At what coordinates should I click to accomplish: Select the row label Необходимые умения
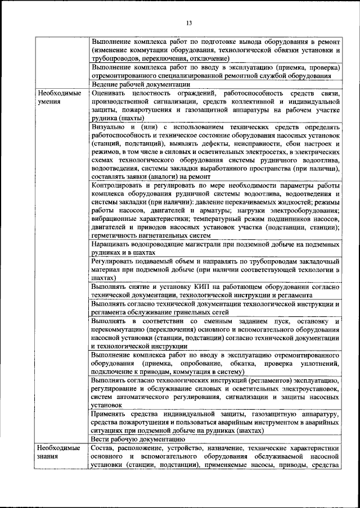57,96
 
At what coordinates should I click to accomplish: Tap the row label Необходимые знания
57,452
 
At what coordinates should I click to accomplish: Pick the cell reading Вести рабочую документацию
137,439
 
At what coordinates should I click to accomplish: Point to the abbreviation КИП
185,287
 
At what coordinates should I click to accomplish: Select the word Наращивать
111,245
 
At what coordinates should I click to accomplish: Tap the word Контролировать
118,186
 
